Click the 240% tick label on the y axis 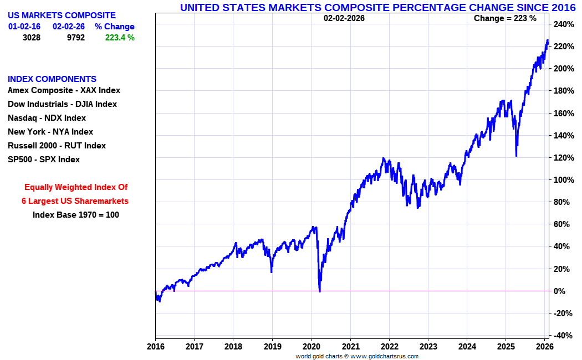pos(563,24)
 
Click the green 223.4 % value pos(120,38)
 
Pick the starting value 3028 pos(32,38)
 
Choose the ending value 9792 pos(76,38)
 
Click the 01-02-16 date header pos(24,27)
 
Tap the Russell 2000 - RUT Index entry pos(57,146)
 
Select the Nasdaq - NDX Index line pos(47,118)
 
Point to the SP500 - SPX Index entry pos(44,160)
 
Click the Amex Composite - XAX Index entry pos(64,90)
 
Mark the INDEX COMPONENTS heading pos(52,79)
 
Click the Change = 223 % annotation pos(505,18)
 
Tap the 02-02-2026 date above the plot pos(344,18)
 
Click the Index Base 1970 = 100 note pos(76,215)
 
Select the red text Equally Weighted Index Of pos(76,187)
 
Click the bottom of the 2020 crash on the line pos(320,291)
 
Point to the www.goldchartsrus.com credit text pos(384,356)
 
